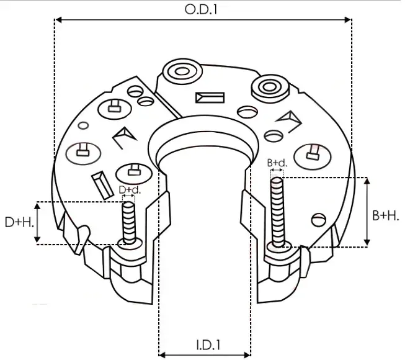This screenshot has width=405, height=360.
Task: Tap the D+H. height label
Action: point(17,222)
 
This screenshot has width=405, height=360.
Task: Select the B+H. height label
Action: point(386,215)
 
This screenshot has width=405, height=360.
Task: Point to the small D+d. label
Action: point(129,189)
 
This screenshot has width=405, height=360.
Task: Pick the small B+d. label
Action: point(277,163)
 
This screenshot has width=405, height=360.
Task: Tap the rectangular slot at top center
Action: point(210,97)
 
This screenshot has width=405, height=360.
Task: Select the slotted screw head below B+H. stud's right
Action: point(318,218)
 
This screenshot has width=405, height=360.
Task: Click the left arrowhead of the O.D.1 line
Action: point(58,20)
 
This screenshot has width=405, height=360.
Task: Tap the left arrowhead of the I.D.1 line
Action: point(162,355)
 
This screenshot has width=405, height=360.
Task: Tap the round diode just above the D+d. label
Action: point(133,168)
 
